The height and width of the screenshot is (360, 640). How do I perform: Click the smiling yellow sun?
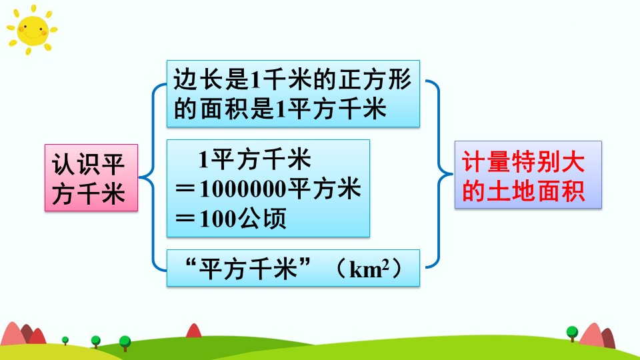coord(32,30)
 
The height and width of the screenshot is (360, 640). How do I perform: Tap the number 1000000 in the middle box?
coord(243,189)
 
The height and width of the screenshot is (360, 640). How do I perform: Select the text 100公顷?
coord(243,219)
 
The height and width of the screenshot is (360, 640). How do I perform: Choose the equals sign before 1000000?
coord(186,190)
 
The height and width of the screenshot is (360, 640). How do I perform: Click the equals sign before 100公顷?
coord(186,219)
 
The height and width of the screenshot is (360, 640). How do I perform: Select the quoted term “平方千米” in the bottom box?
coord(248,269)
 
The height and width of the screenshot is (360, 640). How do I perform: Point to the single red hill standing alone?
coord(194,331)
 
